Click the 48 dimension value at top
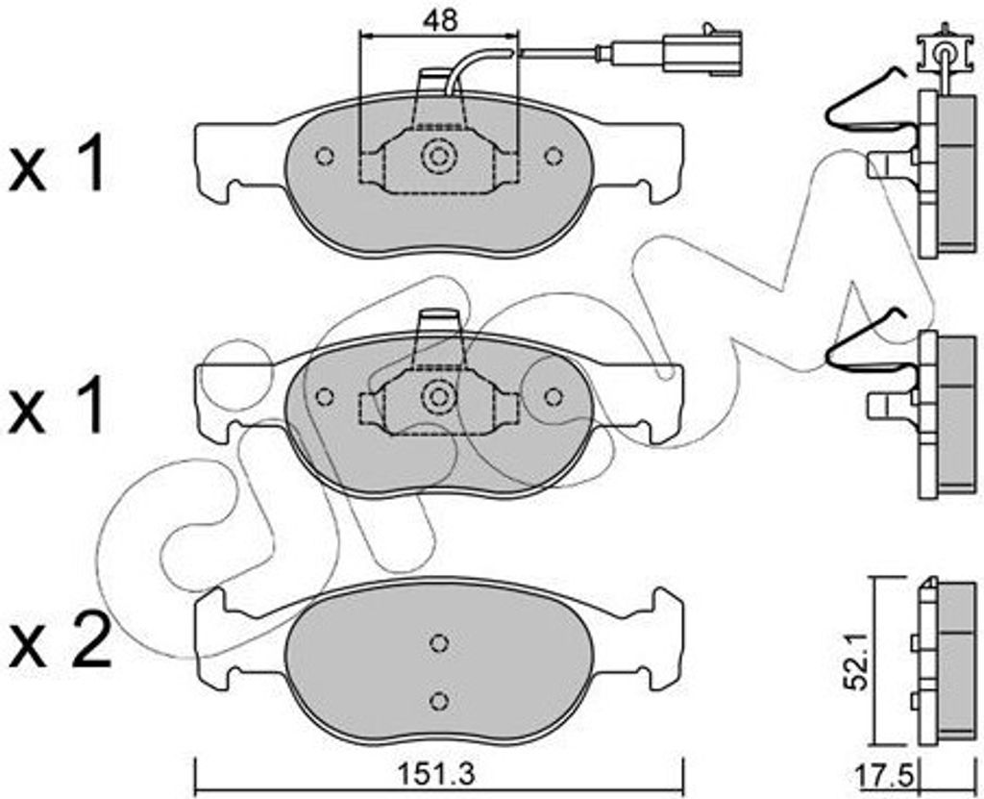coord(440,20)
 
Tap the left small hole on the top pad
coord(325,156)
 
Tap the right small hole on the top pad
coord(553,156)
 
